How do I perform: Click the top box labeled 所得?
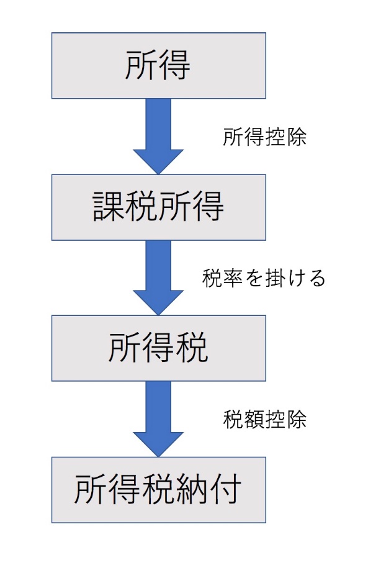159,66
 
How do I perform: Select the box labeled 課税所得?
159,207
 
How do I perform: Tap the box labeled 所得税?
159,348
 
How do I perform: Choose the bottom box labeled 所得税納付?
159,490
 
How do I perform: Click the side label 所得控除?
265,137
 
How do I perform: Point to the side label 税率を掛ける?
264,278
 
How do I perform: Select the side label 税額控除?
265,420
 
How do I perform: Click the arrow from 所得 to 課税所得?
158,136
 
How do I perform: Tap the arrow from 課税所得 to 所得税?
158,278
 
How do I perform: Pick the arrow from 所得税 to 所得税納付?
158,419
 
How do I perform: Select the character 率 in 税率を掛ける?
233,278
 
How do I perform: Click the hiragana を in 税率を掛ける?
254,279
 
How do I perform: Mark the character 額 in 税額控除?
254,420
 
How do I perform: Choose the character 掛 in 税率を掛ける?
274,278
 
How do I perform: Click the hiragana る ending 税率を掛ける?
316,279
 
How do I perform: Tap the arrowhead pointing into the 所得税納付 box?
158,444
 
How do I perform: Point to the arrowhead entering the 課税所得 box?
158,161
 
